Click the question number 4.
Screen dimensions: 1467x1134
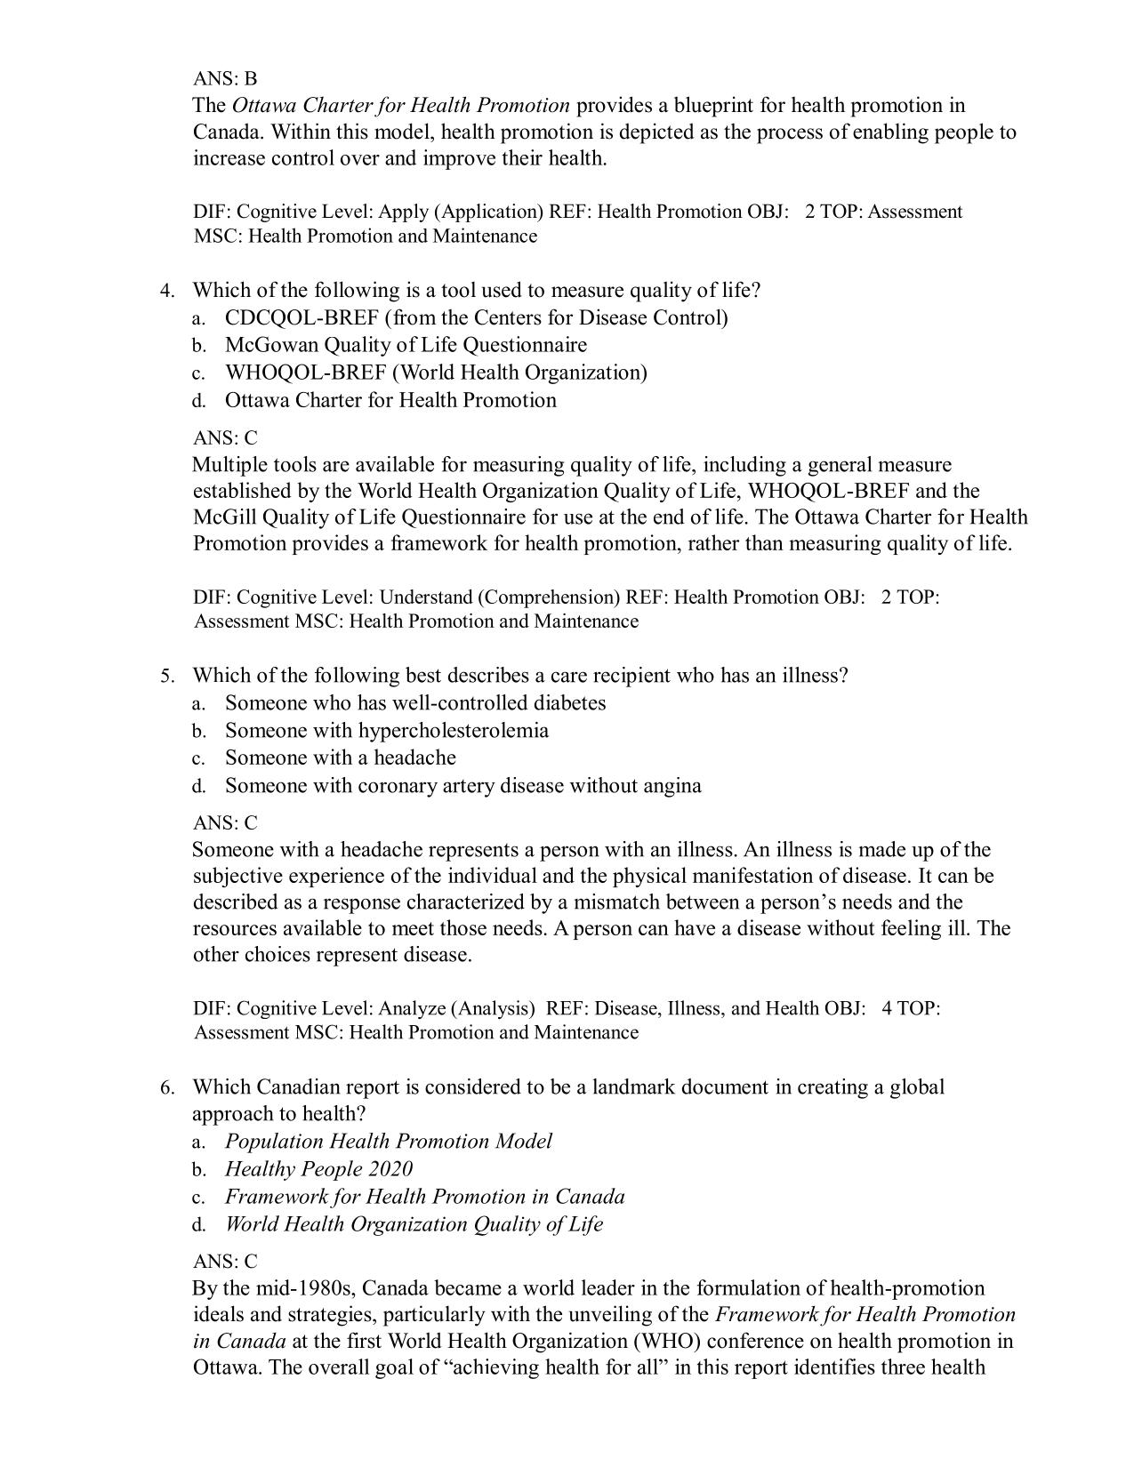click(x=167, y=292)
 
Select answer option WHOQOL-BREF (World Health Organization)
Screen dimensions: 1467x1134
click(x=436, y=373)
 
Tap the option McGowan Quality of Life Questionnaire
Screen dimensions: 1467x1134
click(x=406, y=345)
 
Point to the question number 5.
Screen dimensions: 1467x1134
click(x=167, y=677)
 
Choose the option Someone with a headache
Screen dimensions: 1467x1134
click(x=340, y=758)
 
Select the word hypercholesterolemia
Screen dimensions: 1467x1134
click(x=454, y=731)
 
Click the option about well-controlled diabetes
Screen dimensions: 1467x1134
click(x=414, y=703)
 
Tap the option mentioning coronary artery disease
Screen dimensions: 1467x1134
click(x=462, y=786)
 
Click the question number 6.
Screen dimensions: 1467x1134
click(x=167, y=1088)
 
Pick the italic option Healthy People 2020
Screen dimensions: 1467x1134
click(x=318, y=1169)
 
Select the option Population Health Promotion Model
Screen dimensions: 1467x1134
click(x=388, y=1142)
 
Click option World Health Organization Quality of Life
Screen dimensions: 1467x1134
click(x=414, y=1224)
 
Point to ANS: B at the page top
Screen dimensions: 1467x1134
click(x=225, y=78)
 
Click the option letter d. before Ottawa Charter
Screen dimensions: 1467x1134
click(x=199, y=401)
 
